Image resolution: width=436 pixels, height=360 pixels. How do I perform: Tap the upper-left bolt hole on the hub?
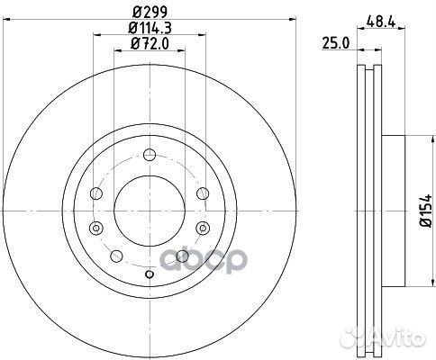(96, 193)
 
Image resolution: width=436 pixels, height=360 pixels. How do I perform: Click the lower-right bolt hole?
(183, 258)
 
